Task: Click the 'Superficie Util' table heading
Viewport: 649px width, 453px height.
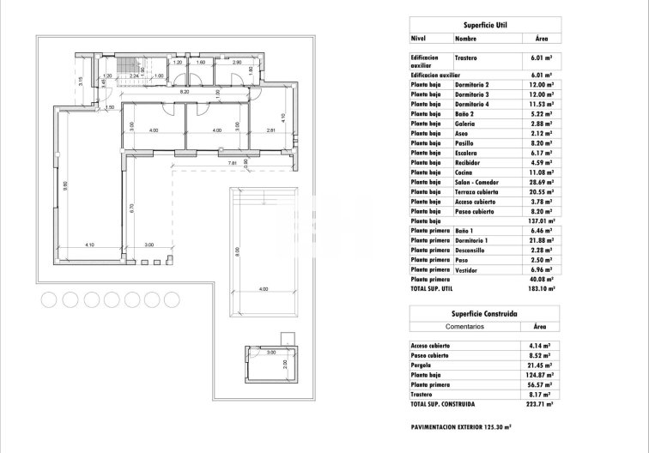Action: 483,26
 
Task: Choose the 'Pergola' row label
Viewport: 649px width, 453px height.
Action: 422,365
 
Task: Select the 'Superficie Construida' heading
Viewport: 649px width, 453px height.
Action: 483,315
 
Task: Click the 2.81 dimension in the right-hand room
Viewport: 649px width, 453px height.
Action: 270,130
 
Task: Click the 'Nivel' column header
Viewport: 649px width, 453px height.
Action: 419,39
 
